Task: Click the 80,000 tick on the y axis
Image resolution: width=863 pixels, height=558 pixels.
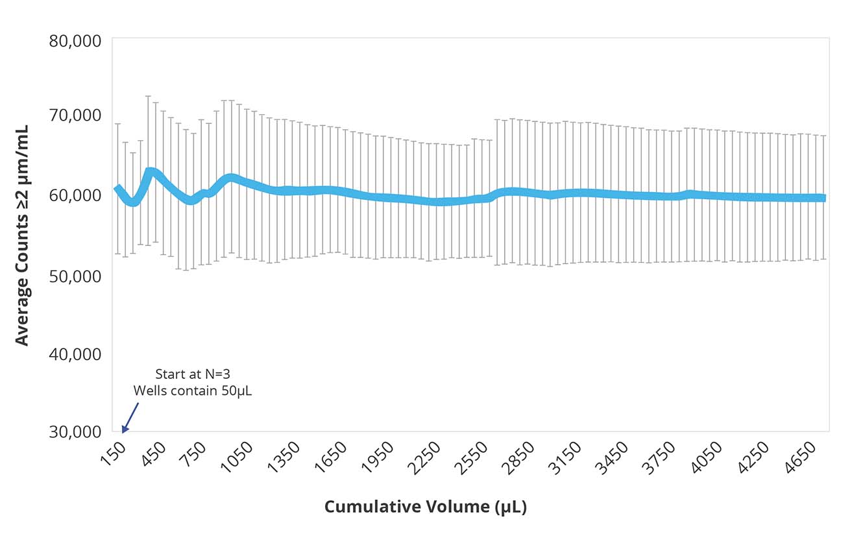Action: (75, 41)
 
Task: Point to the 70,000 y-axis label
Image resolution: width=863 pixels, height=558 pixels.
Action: (75, 115)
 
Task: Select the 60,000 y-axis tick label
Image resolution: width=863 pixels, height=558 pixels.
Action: (75, 195)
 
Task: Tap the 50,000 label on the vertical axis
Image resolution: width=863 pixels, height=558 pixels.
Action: (75, 275)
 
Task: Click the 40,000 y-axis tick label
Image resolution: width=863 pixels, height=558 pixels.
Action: (75, 354)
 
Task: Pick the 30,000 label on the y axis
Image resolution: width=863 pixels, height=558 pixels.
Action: (75, 431)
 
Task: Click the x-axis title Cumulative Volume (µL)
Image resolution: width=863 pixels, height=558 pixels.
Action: (425, 507)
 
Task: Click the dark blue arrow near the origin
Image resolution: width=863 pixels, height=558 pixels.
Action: (130, 417)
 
